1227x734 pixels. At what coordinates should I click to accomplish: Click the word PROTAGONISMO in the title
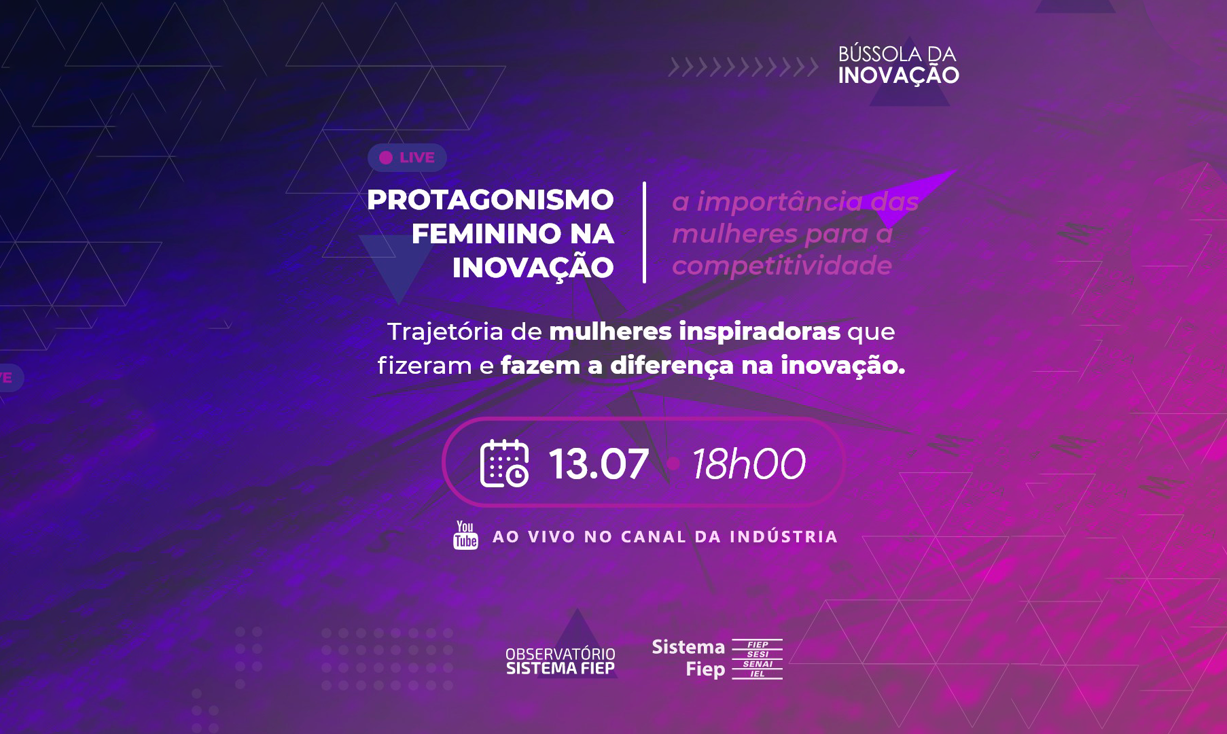point(491,200)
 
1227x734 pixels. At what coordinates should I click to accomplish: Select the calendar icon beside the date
point(505,464)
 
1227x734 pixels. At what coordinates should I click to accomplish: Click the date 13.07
point(599,464)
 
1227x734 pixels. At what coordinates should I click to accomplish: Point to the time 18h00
point(749,464)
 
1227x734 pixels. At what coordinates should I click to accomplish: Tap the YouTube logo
point(465,535)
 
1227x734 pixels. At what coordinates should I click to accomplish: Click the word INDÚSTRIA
point(784,536)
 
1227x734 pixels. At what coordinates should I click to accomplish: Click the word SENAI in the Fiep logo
point(758,664)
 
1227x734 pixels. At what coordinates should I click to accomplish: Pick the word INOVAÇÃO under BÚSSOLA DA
point(898,75)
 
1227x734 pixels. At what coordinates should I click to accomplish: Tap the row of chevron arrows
point(743,67)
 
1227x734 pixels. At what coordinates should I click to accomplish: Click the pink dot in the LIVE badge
point(386,158)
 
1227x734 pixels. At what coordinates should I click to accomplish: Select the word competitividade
point(782,265)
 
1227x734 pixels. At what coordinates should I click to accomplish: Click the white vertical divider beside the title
point(644,232)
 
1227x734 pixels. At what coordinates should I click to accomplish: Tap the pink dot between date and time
point(674,464)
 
